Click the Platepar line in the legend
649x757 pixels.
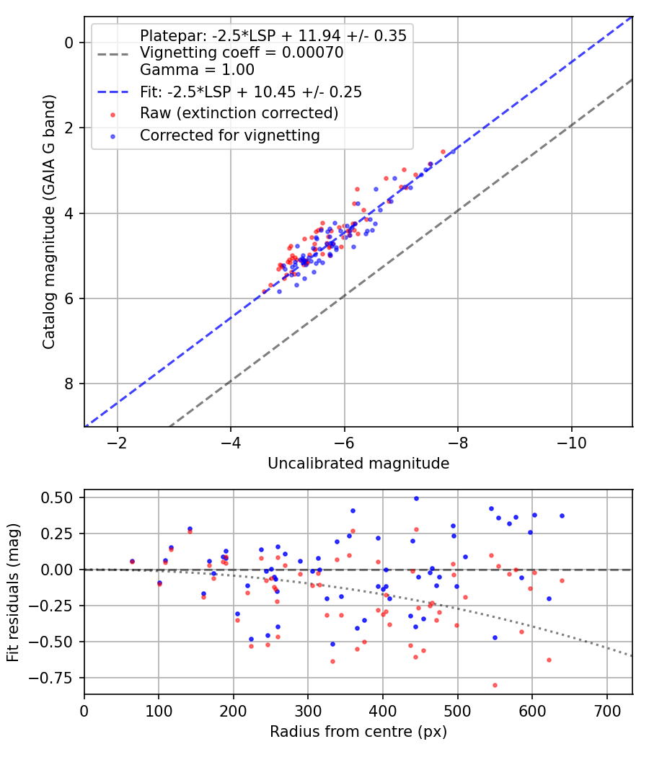point(273,36)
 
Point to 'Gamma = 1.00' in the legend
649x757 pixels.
point(197,70)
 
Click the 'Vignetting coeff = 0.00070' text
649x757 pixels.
point(242,53)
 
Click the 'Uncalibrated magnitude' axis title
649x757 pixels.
point(358,464)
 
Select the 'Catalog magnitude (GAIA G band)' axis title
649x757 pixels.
point(49,221)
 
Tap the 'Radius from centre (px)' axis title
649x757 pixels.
point(358,732)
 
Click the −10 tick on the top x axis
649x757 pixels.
point(572,443)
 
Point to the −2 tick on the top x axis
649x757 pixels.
point(118,443)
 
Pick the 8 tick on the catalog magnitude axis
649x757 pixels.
point(69,384)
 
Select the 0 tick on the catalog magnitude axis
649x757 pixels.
point(69,43)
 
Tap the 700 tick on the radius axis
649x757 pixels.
point(606,711)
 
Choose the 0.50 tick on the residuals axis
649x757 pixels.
point(57,497)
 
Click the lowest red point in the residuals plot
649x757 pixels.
point(495,685)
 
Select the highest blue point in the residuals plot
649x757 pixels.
point(416,498)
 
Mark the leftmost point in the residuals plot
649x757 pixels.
point(132,562)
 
